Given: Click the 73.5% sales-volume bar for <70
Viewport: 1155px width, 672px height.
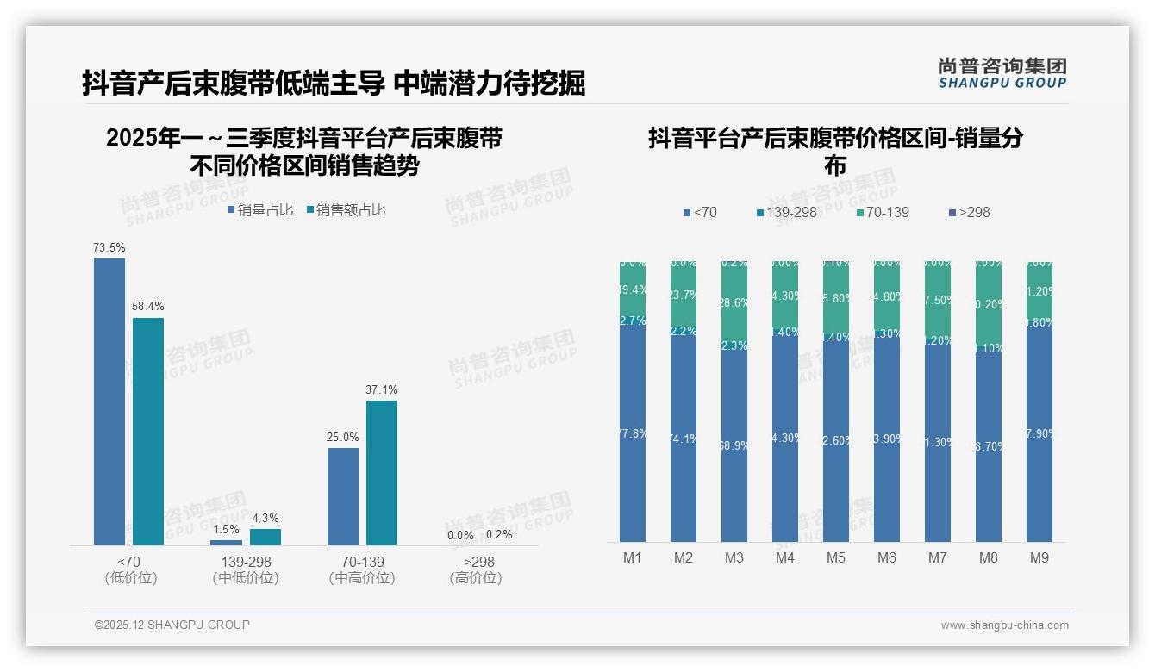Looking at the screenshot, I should [x=109, y=401].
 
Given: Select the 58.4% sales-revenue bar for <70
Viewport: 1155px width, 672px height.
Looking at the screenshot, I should [x=148, y=431].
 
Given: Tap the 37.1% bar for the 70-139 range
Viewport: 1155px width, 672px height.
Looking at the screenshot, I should [x=382, y=472].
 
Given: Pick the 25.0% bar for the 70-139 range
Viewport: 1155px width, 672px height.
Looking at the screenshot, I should [x=343, y=496].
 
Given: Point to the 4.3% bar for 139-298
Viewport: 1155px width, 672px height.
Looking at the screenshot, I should [x=265, y=537].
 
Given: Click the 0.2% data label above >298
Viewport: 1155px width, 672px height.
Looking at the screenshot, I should [x=499, y=535].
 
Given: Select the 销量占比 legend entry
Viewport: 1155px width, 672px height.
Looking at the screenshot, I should [x=260, y=210].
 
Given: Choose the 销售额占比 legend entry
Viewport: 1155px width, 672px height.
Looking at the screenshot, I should [x=346, y=210].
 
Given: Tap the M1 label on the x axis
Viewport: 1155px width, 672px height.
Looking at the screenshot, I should [x=633, y=558].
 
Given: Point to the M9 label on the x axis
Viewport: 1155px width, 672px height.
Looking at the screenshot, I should [x=1039, y=558].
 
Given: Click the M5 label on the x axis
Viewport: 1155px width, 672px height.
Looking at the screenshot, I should [x=836, y=558].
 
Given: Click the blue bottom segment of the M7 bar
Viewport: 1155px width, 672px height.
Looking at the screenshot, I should [x=938, y=448].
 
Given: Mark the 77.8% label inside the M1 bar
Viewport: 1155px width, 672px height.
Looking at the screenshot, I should [x=633, y=433].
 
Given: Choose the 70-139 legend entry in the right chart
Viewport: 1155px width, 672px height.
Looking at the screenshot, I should [x=883, y=212].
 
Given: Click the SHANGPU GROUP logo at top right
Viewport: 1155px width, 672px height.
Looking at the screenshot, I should [x=1002, y=73].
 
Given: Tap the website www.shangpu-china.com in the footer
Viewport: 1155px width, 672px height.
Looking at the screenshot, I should [x=1004, y=625].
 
